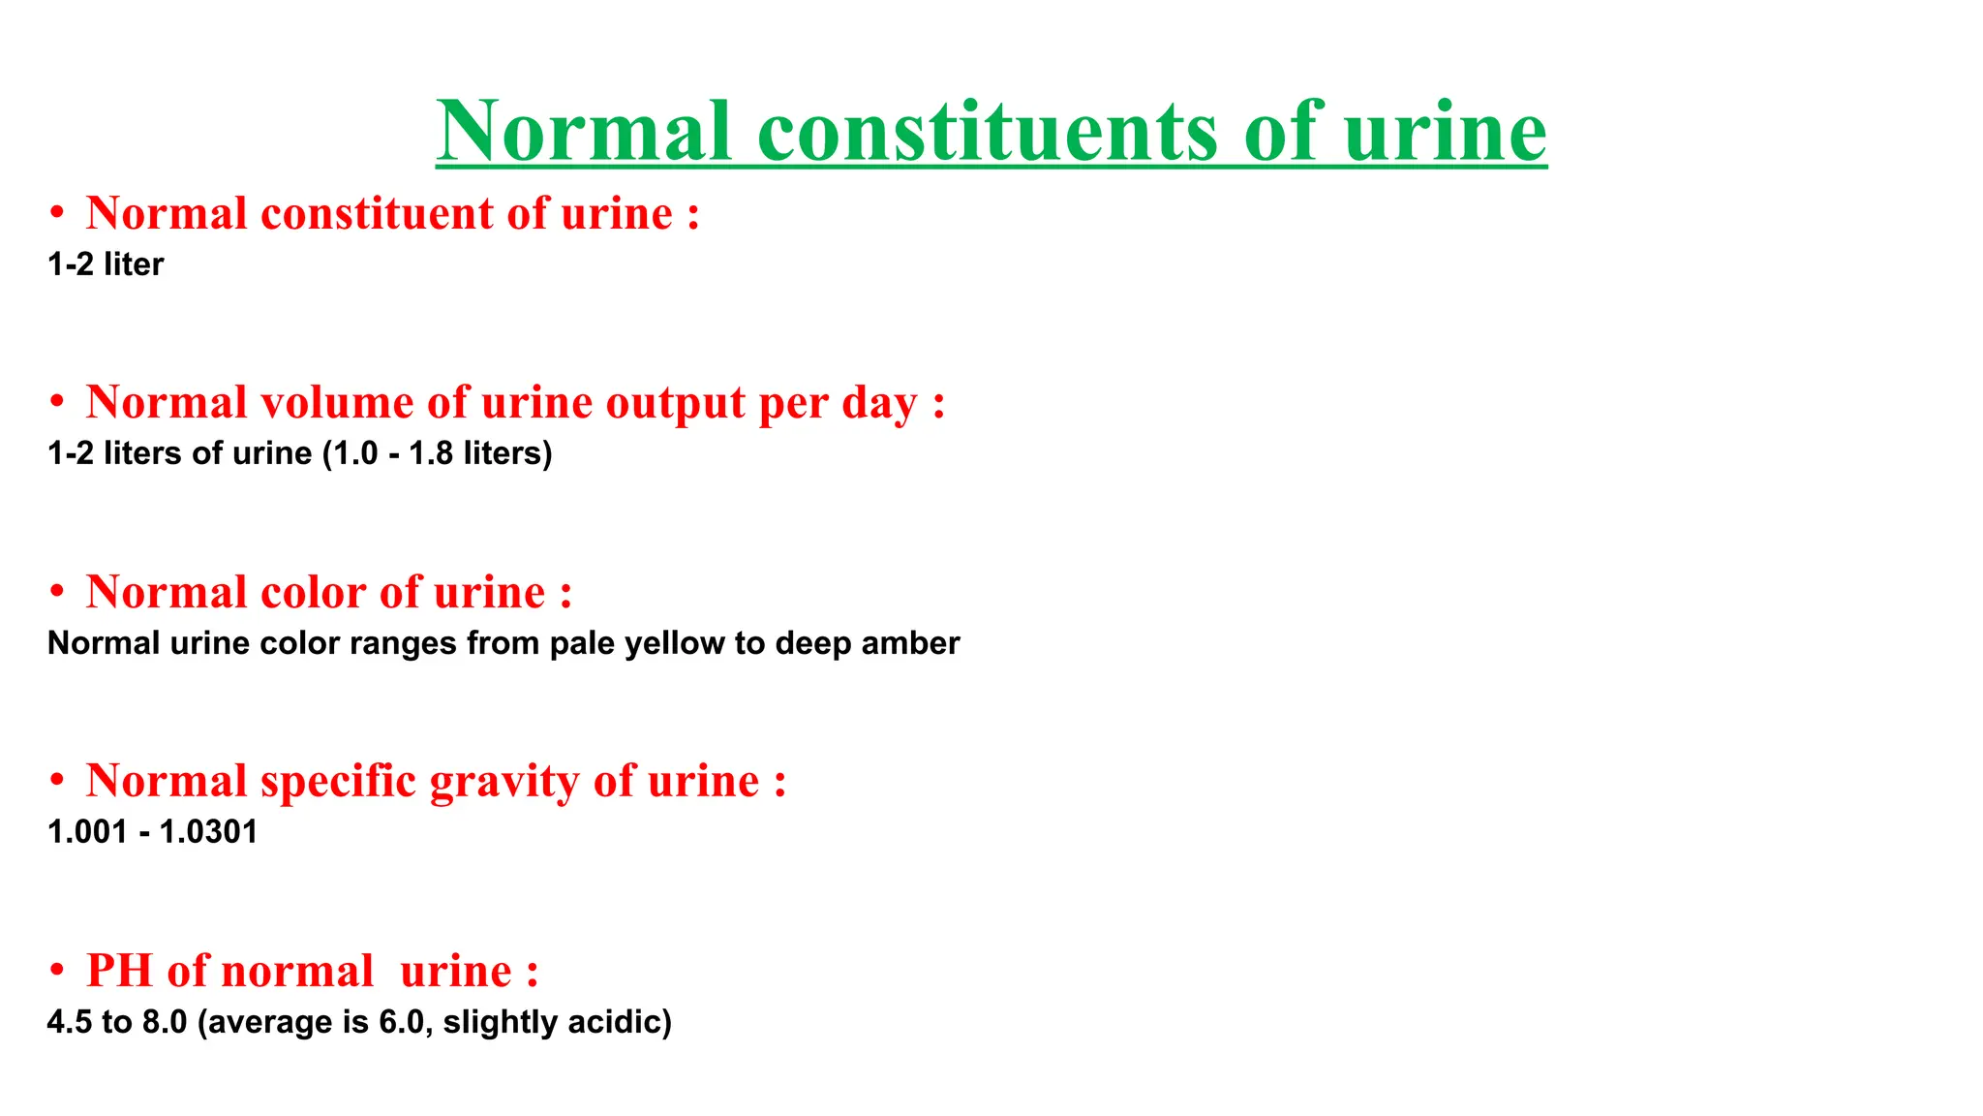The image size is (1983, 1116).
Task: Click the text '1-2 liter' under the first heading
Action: tap(106, 264)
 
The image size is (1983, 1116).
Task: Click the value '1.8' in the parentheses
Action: tap(430, 453)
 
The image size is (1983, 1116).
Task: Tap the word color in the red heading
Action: tap(314, 592)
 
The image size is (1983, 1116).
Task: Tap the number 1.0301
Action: tap(208, 832)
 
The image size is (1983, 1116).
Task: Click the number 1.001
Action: tap(87, 832)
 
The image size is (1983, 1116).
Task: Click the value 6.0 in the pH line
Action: tap(402, 1022)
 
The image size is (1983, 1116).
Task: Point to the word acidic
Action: tap(620, 1022)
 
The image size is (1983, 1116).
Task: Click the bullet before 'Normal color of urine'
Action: tap(57, 592)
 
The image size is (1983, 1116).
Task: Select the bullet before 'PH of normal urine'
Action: tap(57, 971)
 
